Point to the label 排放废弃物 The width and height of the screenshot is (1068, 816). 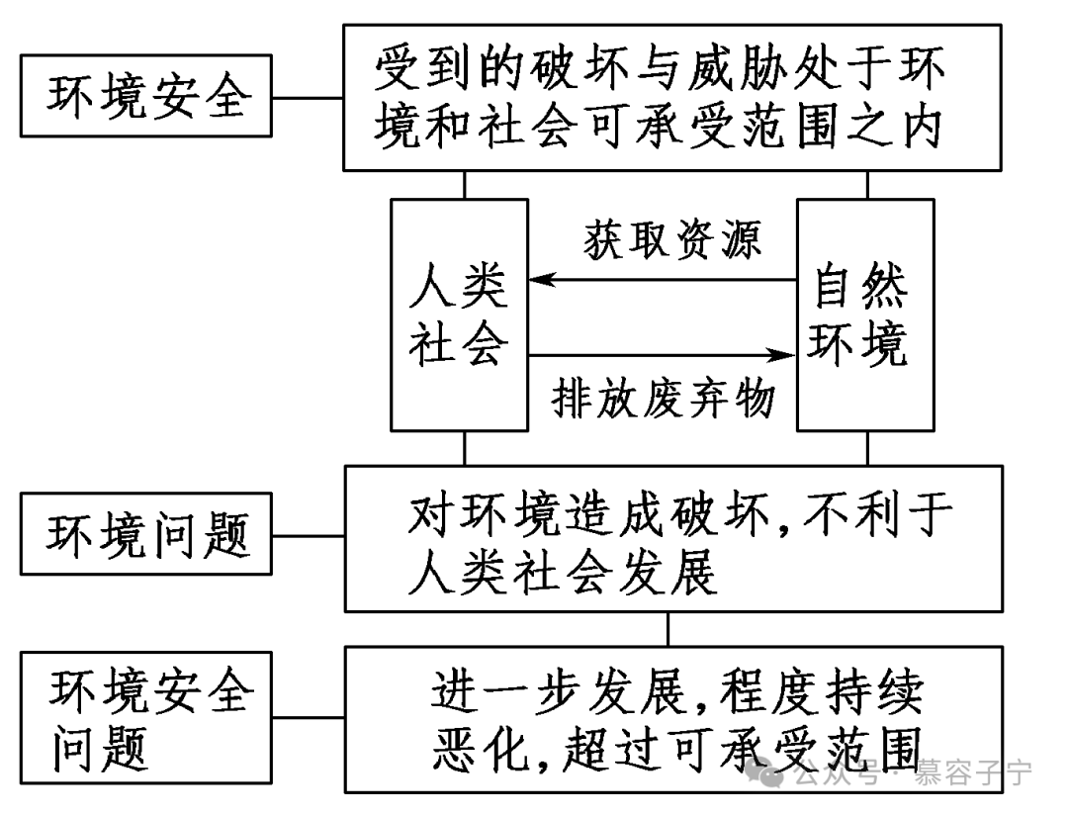coord(663,401)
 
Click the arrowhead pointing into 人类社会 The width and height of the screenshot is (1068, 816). coord(540,281)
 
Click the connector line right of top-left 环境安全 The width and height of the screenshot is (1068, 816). coord(308,99)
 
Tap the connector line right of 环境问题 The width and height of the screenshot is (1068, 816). coord(308,536)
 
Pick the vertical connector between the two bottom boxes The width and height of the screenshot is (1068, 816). coord(668,628)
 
